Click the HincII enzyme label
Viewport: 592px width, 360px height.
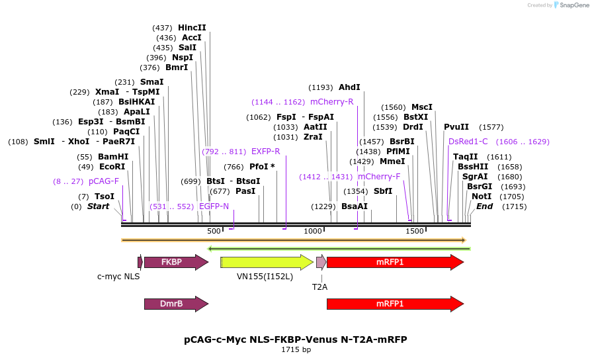[x=192, y=28]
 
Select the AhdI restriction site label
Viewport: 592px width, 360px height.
[x=349, y=87]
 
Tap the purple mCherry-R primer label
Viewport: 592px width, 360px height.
[x=331, y=102]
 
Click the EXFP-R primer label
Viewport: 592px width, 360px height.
[x=265, y=152]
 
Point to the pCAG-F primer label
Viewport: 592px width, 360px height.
[x=104, y=181]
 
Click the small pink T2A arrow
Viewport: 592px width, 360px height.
[x=321, y=262]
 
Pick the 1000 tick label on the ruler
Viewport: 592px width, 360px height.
[x=312, y=231]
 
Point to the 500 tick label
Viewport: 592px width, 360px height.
[x=214, y=231]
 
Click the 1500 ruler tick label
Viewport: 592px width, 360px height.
[x=414, y=231]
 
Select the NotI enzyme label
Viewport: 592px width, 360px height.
[x=482, y=197]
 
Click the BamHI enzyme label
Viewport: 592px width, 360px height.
[x=112, y=157]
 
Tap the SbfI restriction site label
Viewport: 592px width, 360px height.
[x=383, y=191]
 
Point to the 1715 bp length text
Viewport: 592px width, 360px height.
[x=296, y=349]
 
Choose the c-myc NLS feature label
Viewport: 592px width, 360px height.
[x=118, y=276]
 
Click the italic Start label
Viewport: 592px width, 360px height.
[x=98, y=206]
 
